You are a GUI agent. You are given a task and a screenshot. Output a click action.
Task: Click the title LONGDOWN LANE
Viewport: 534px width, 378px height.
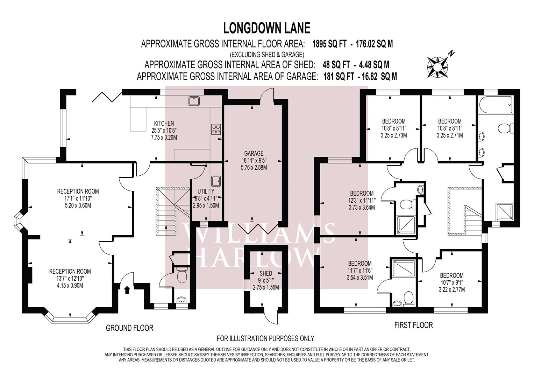pos(267,28)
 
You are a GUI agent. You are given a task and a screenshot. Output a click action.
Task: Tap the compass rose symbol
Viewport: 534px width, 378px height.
pos(438,67)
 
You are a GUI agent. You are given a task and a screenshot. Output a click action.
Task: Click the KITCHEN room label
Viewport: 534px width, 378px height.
pos(164,123)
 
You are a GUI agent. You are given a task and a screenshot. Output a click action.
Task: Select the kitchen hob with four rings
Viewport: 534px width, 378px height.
pos(216,129)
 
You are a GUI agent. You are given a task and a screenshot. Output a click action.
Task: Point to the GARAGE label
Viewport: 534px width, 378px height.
pos(254,153)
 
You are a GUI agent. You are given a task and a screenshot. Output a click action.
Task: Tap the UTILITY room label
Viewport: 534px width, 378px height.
pos(206,191)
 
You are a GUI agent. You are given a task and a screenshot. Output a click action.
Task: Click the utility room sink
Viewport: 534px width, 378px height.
pos(216,181)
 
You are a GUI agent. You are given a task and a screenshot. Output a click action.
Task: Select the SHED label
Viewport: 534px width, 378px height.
pos(266,273)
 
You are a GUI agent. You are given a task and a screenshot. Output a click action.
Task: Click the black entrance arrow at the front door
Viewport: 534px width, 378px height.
pos(127,290)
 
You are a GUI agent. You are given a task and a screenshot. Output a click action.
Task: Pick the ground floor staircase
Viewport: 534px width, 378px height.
pos(173,211)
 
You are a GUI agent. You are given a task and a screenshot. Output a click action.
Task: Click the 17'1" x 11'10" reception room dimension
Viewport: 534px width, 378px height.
pos(78,198)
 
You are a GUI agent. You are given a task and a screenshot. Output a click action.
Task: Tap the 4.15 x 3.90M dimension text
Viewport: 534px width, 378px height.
pos(70,285)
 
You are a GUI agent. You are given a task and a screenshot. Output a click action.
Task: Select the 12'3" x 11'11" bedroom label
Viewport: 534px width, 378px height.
pos(362,200)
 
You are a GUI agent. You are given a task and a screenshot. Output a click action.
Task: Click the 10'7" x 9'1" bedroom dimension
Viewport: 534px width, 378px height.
pos(452,282)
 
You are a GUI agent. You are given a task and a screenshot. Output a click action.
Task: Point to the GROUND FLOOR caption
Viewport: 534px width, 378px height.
pos(129,328)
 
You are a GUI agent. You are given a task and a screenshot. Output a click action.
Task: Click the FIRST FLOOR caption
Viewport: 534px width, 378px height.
pos(413,325)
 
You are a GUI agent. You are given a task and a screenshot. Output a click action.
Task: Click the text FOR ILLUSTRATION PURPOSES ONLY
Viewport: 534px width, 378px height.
pos(265,338)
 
